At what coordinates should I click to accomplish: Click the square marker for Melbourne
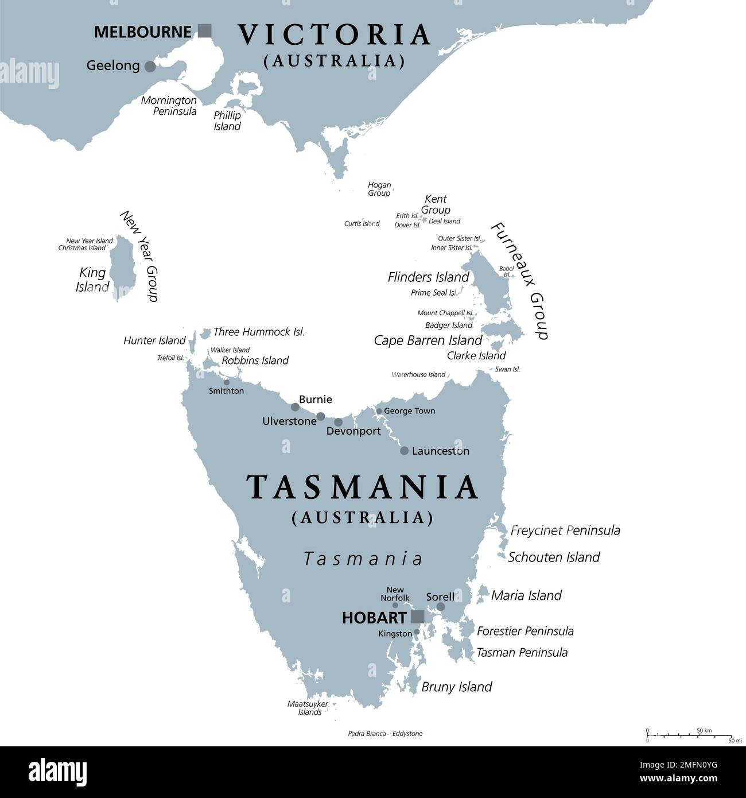(204, 31)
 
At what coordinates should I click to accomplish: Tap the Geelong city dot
(150, 67)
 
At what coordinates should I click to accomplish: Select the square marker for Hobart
(418, 617)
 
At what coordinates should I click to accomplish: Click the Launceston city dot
(404, 451)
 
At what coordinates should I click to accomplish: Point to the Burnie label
(315, 400)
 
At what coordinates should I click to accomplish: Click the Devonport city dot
(338, 422)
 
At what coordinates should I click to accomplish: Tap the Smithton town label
(226, 391)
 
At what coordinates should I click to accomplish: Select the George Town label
(409, 411)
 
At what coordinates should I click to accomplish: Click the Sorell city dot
(441, 606)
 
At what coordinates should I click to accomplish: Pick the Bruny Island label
(457, 687)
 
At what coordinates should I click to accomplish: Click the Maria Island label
(526, 595)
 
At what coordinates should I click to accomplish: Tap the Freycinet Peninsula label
(565, 530)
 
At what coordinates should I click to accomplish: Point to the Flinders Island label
(428, 277)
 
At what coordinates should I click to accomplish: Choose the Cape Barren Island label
(428, 340)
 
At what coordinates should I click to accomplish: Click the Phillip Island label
(227, 121)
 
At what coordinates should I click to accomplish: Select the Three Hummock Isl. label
(259, 332)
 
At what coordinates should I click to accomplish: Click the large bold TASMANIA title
(363, 487)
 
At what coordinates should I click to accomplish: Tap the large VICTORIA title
(334, 34)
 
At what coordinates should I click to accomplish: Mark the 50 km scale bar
(689, 735)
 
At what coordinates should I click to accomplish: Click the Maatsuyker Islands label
(308, 708)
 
